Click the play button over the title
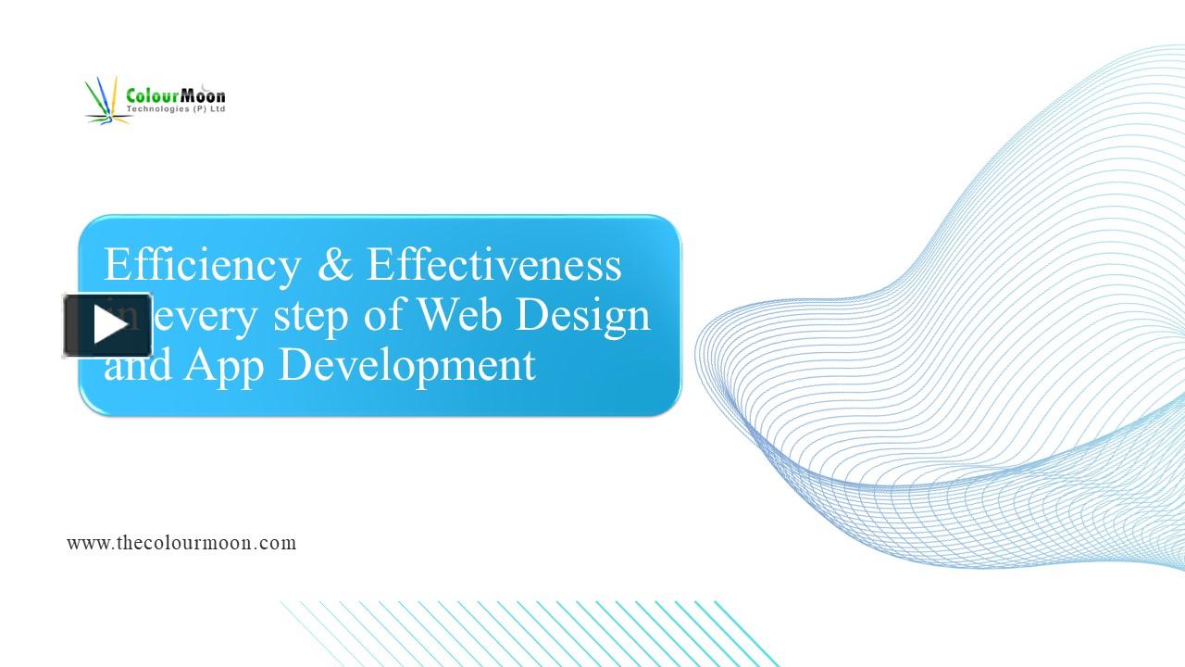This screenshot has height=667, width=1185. pos(107,325)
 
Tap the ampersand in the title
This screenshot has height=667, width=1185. pos(334,265)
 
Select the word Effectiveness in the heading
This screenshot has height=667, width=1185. pos(494,265)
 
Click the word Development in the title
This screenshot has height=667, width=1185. pos(407,366)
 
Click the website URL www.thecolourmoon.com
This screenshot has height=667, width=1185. pos(181,543)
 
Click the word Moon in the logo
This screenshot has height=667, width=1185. pos(203,95)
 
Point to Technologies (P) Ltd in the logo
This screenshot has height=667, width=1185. pos(176,109)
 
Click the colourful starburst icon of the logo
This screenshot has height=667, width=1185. pos(105,102)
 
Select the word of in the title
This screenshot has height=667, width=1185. pos(387,315)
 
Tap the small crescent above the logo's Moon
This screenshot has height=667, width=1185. pos(205,86)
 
